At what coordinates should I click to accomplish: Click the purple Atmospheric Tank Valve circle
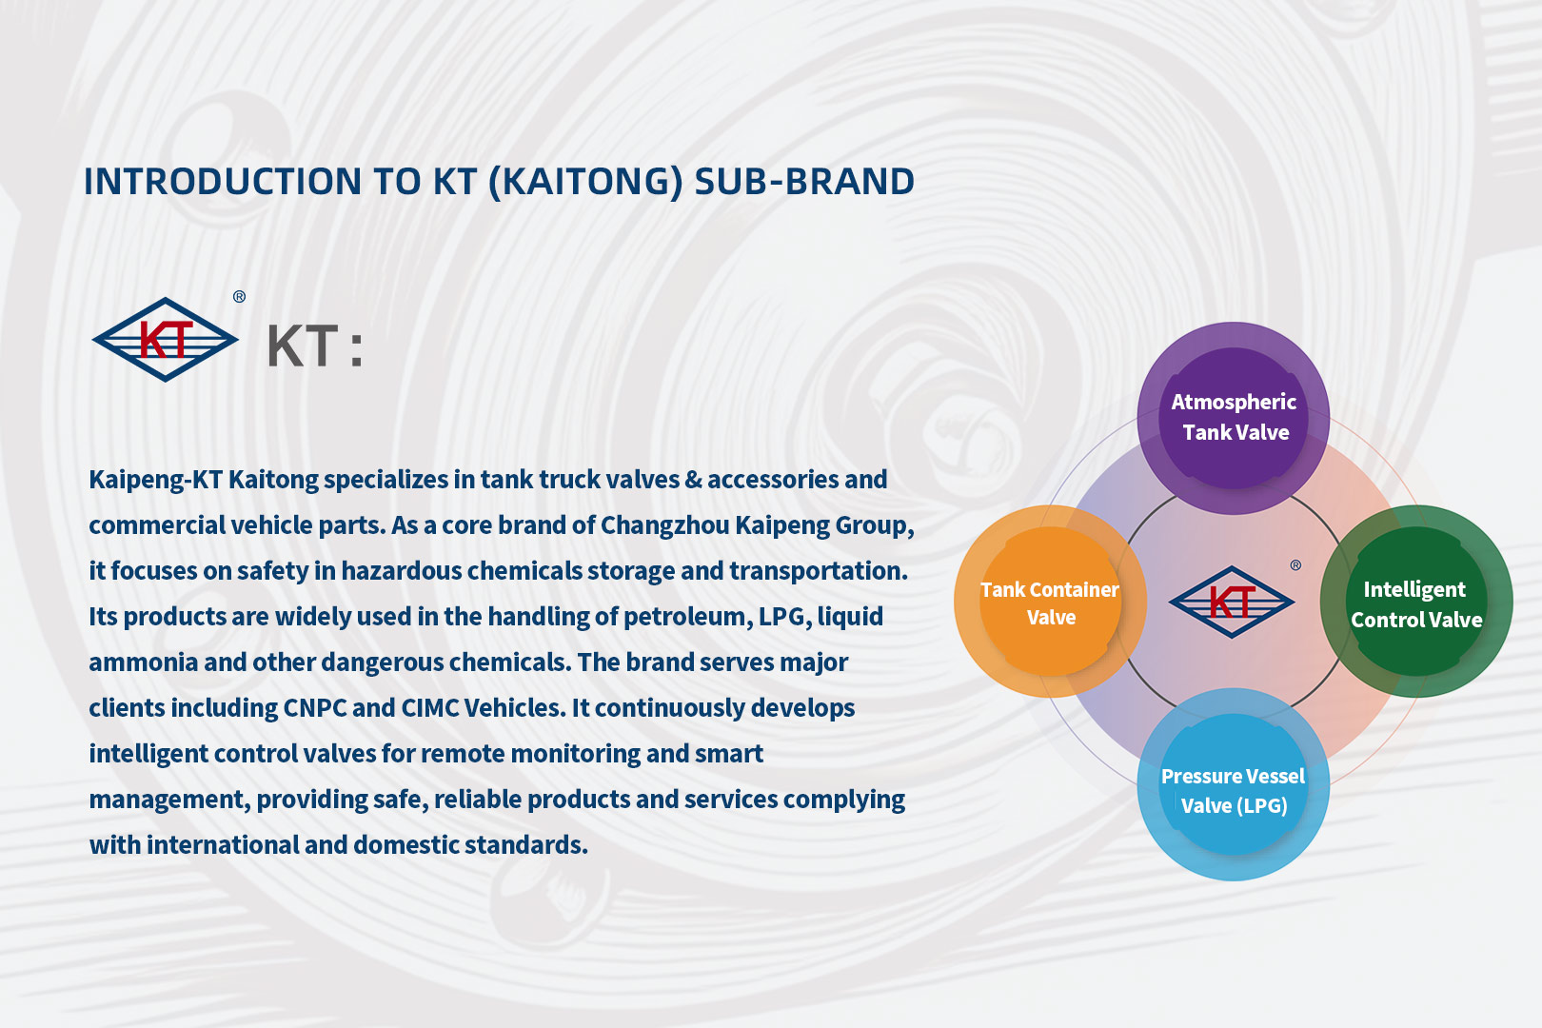[1233, 418]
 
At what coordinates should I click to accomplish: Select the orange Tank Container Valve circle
[1050, 602]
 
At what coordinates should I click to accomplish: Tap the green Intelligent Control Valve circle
[1416, 602]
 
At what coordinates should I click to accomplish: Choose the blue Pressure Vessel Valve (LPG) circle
[1233, 784]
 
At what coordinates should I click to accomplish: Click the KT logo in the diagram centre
[1232, 603]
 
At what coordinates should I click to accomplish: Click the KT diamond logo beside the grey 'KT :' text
[166, 340]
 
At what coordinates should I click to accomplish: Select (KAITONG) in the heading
[585, 182]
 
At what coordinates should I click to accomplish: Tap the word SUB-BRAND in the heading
[804, 181]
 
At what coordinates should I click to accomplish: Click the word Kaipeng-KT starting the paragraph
[155, 480]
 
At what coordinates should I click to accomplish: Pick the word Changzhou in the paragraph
[665, 525]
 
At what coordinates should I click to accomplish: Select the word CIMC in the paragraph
[429, 708]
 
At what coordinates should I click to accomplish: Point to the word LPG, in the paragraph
[784, 617]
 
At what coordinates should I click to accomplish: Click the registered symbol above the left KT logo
[239, 297]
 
